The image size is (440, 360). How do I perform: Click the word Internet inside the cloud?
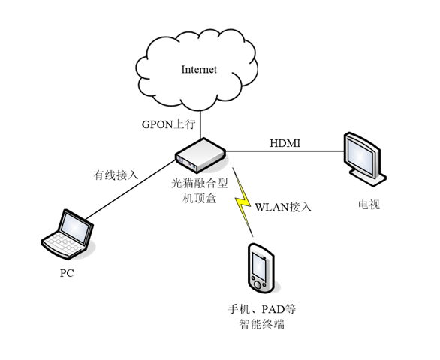tap(199, 70)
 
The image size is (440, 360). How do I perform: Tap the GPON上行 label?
tap(168, 124)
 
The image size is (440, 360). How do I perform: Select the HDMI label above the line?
tap(285, 143)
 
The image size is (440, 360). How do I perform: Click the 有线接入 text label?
tap(116, 175)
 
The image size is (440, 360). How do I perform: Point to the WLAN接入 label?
tap(283, 207)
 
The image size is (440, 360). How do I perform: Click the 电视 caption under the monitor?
tap(369, 205)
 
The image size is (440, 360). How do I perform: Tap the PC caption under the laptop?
tap(67, 273)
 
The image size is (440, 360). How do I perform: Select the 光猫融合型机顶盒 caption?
tap(200, 191)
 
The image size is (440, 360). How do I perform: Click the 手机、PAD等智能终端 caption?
tap(262, 316)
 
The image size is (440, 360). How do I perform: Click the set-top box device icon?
tap(200, 154)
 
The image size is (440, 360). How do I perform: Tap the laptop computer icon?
tap(68, 234)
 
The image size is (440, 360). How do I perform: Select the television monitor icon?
tap(365, 159)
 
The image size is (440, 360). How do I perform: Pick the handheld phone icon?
tap(261, 268)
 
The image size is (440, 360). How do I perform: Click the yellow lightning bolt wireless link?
tap(243, 202)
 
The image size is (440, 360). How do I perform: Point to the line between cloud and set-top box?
tap(200, 124)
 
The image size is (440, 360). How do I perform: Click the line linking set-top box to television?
tap(285, 151)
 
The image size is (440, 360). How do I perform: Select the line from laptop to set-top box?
tap(131, 190)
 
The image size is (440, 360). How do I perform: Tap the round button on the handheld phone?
tap(258, 284)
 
